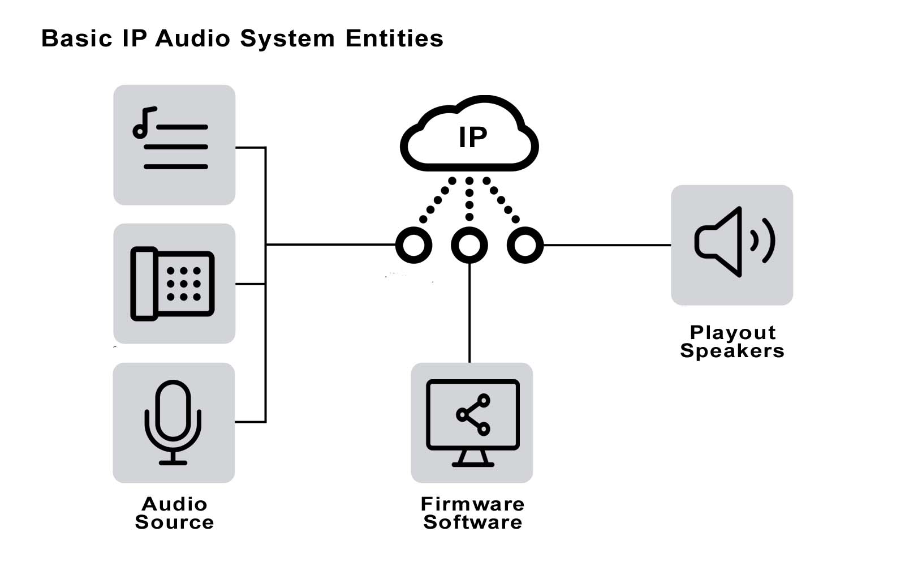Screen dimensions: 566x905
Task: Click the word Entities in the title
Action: (x=394, y=39)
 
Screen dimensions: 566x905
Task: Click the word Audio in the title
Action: (x=192, y=39)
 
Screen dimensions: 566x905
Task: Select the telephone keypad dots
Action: (x=183, y=284)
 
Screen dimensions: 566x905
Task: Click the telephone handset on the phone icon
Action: (x=144, y=284)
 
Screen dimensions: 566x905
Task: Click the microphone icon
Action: (x=173, y=422)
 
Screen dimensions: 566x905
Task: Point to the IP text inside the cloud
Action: (x=473, y=138)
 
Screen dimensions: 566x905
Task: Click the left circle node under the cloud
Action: (x=414, y=245)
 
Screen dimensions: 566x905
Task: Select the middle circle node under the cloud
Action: (x=469, y=245)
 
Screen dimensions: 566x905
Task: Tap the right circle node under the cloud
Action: (x=525, y=245)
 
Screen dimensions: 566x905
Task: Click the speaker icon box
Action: (x=732, y=245)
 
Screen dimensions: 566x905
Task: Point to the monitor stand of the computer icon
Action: (x=473, y=457)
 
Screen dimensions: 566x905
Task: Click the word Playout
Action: (x=732, y=332)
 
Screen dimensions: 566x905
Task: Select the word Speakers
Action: (x=732, y=351)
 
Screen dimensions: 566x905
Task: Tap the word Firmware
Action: (x=473, y=504)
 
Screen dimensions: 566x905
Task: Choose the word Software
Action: (x=473, y=522)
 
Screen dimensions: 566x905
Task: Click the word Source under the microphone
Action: (x=174, y=522)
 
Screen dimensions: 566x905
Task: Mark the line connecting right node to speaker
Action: (x=606, y=245)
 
